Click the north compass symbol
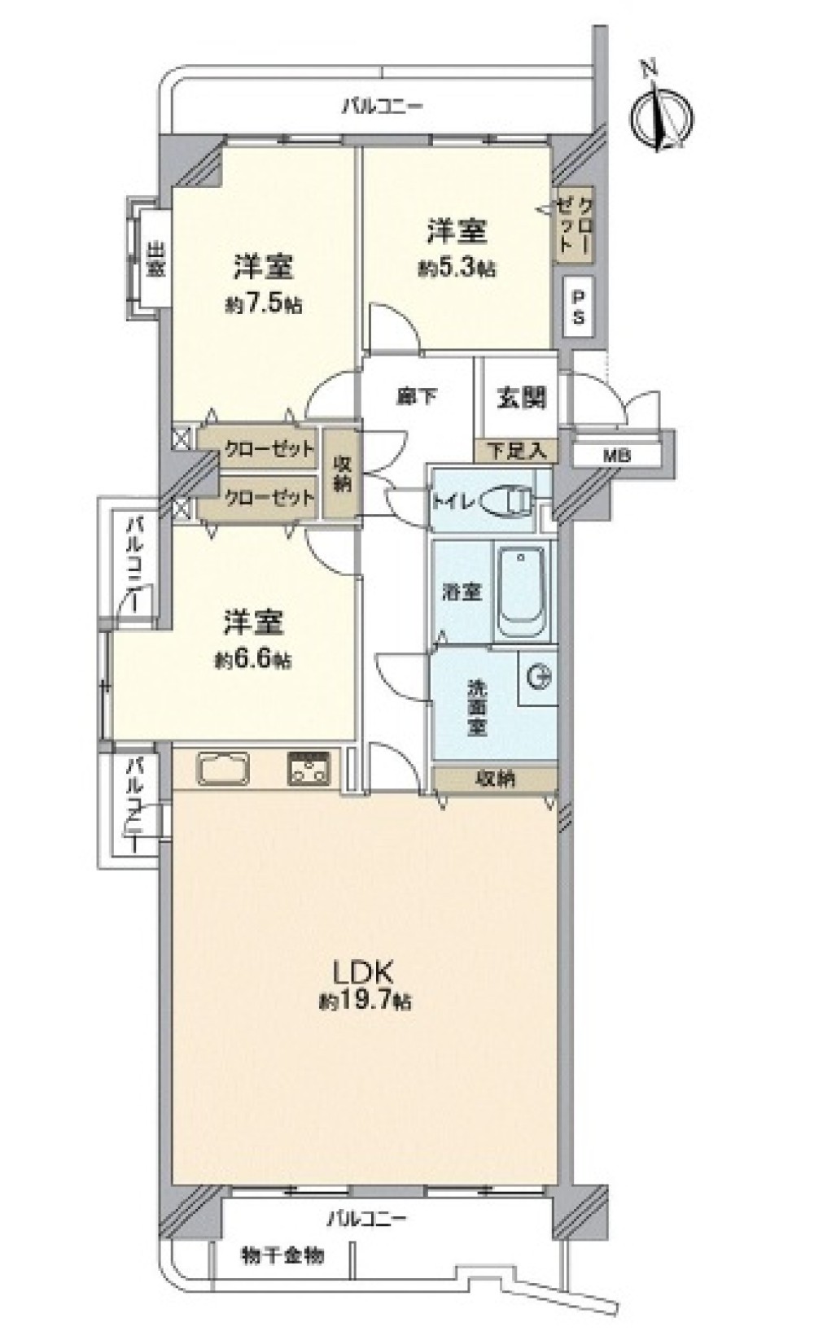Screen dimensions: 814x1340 coord(663,115)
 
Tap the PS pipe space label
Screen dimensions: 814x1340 coord(578,307)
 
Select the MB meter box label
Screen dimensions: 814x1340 coord(616,456)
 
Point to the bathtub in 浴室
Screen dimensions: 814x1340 coord(521,593)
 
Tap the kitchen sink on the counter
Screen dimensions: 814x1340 coord(224,770)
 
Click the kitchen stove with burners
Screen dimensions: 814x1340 coord(309,769)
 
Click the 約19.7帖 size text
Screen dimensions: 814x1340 coord(364,1000)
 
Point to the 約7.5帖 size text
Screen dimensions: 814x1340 coord(264,305)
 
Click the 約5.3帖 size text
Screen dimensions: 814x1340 coord(456,268)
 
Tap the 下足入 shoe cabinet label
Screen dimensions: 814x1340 coord(517,451)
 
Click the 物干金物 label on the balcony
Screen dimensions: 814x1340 coord(283,1255)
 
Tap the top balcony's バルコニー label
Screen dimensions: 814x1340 coord(383,107)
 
